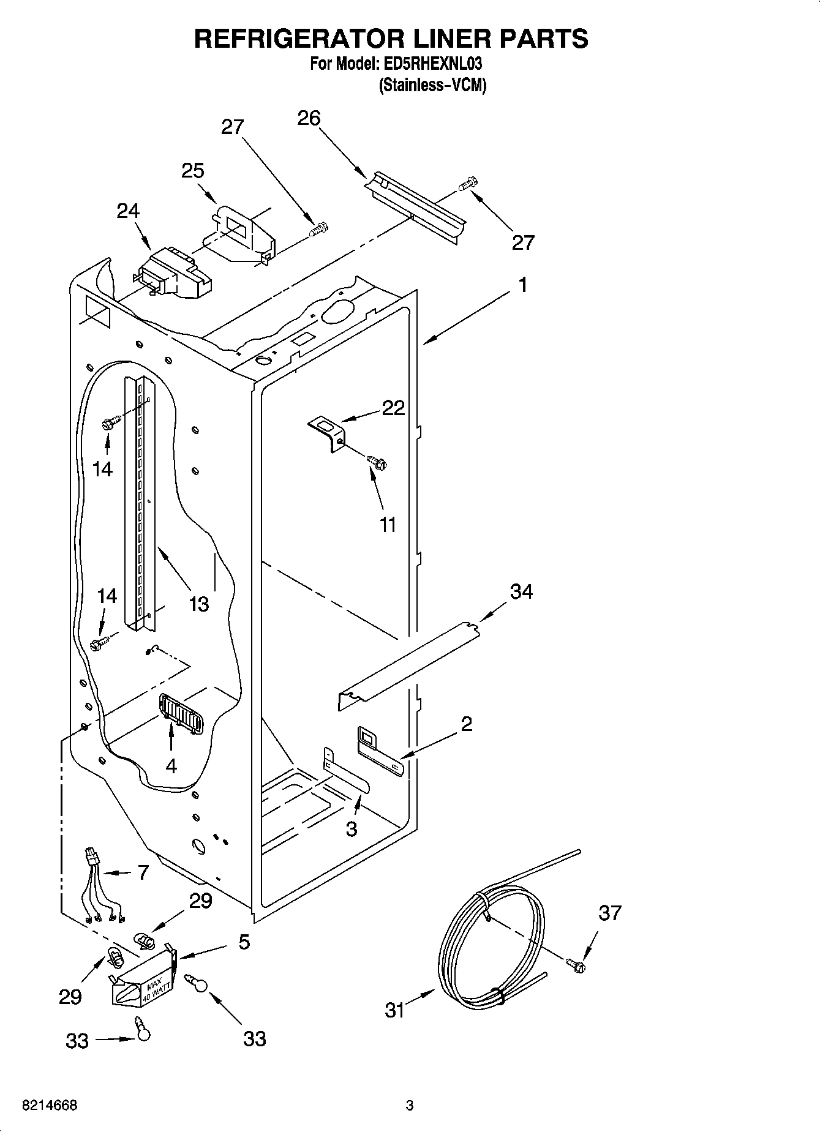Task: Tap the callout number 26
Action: tap(309, 118)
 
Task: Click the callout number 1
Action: tap(522, 285)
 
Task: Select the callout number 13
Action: tap(198, 604)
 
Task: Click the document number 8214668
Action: tap(49, 1106)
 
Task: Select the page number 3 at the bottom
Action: tap(410, 1106)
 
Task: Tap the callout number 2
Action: tap(466, 724)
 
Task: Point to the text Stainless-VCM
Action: tap(432, 85)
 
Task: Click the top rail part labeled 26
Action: tap(416, 204)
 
